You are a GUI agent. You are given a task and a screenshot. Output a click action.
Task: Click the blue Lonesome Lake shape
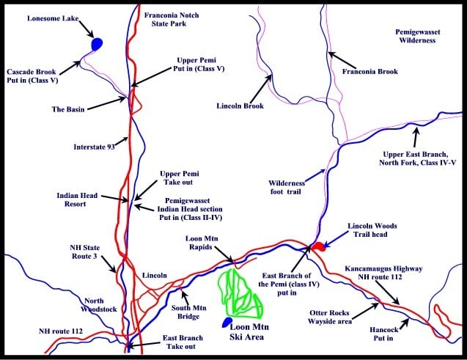point(96,45)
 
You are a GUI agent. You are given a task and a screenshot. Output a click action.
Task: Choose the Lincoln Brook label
point(240,106)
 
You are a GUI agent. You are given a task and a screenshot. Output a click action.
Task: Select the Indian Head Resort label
point(77,201)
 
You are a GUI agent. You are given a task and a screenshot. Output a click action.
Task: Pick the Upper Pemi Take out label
point(180,179)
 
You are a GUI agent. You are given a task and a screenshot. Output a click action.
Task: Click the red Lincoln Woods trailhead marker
point(318,247)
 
